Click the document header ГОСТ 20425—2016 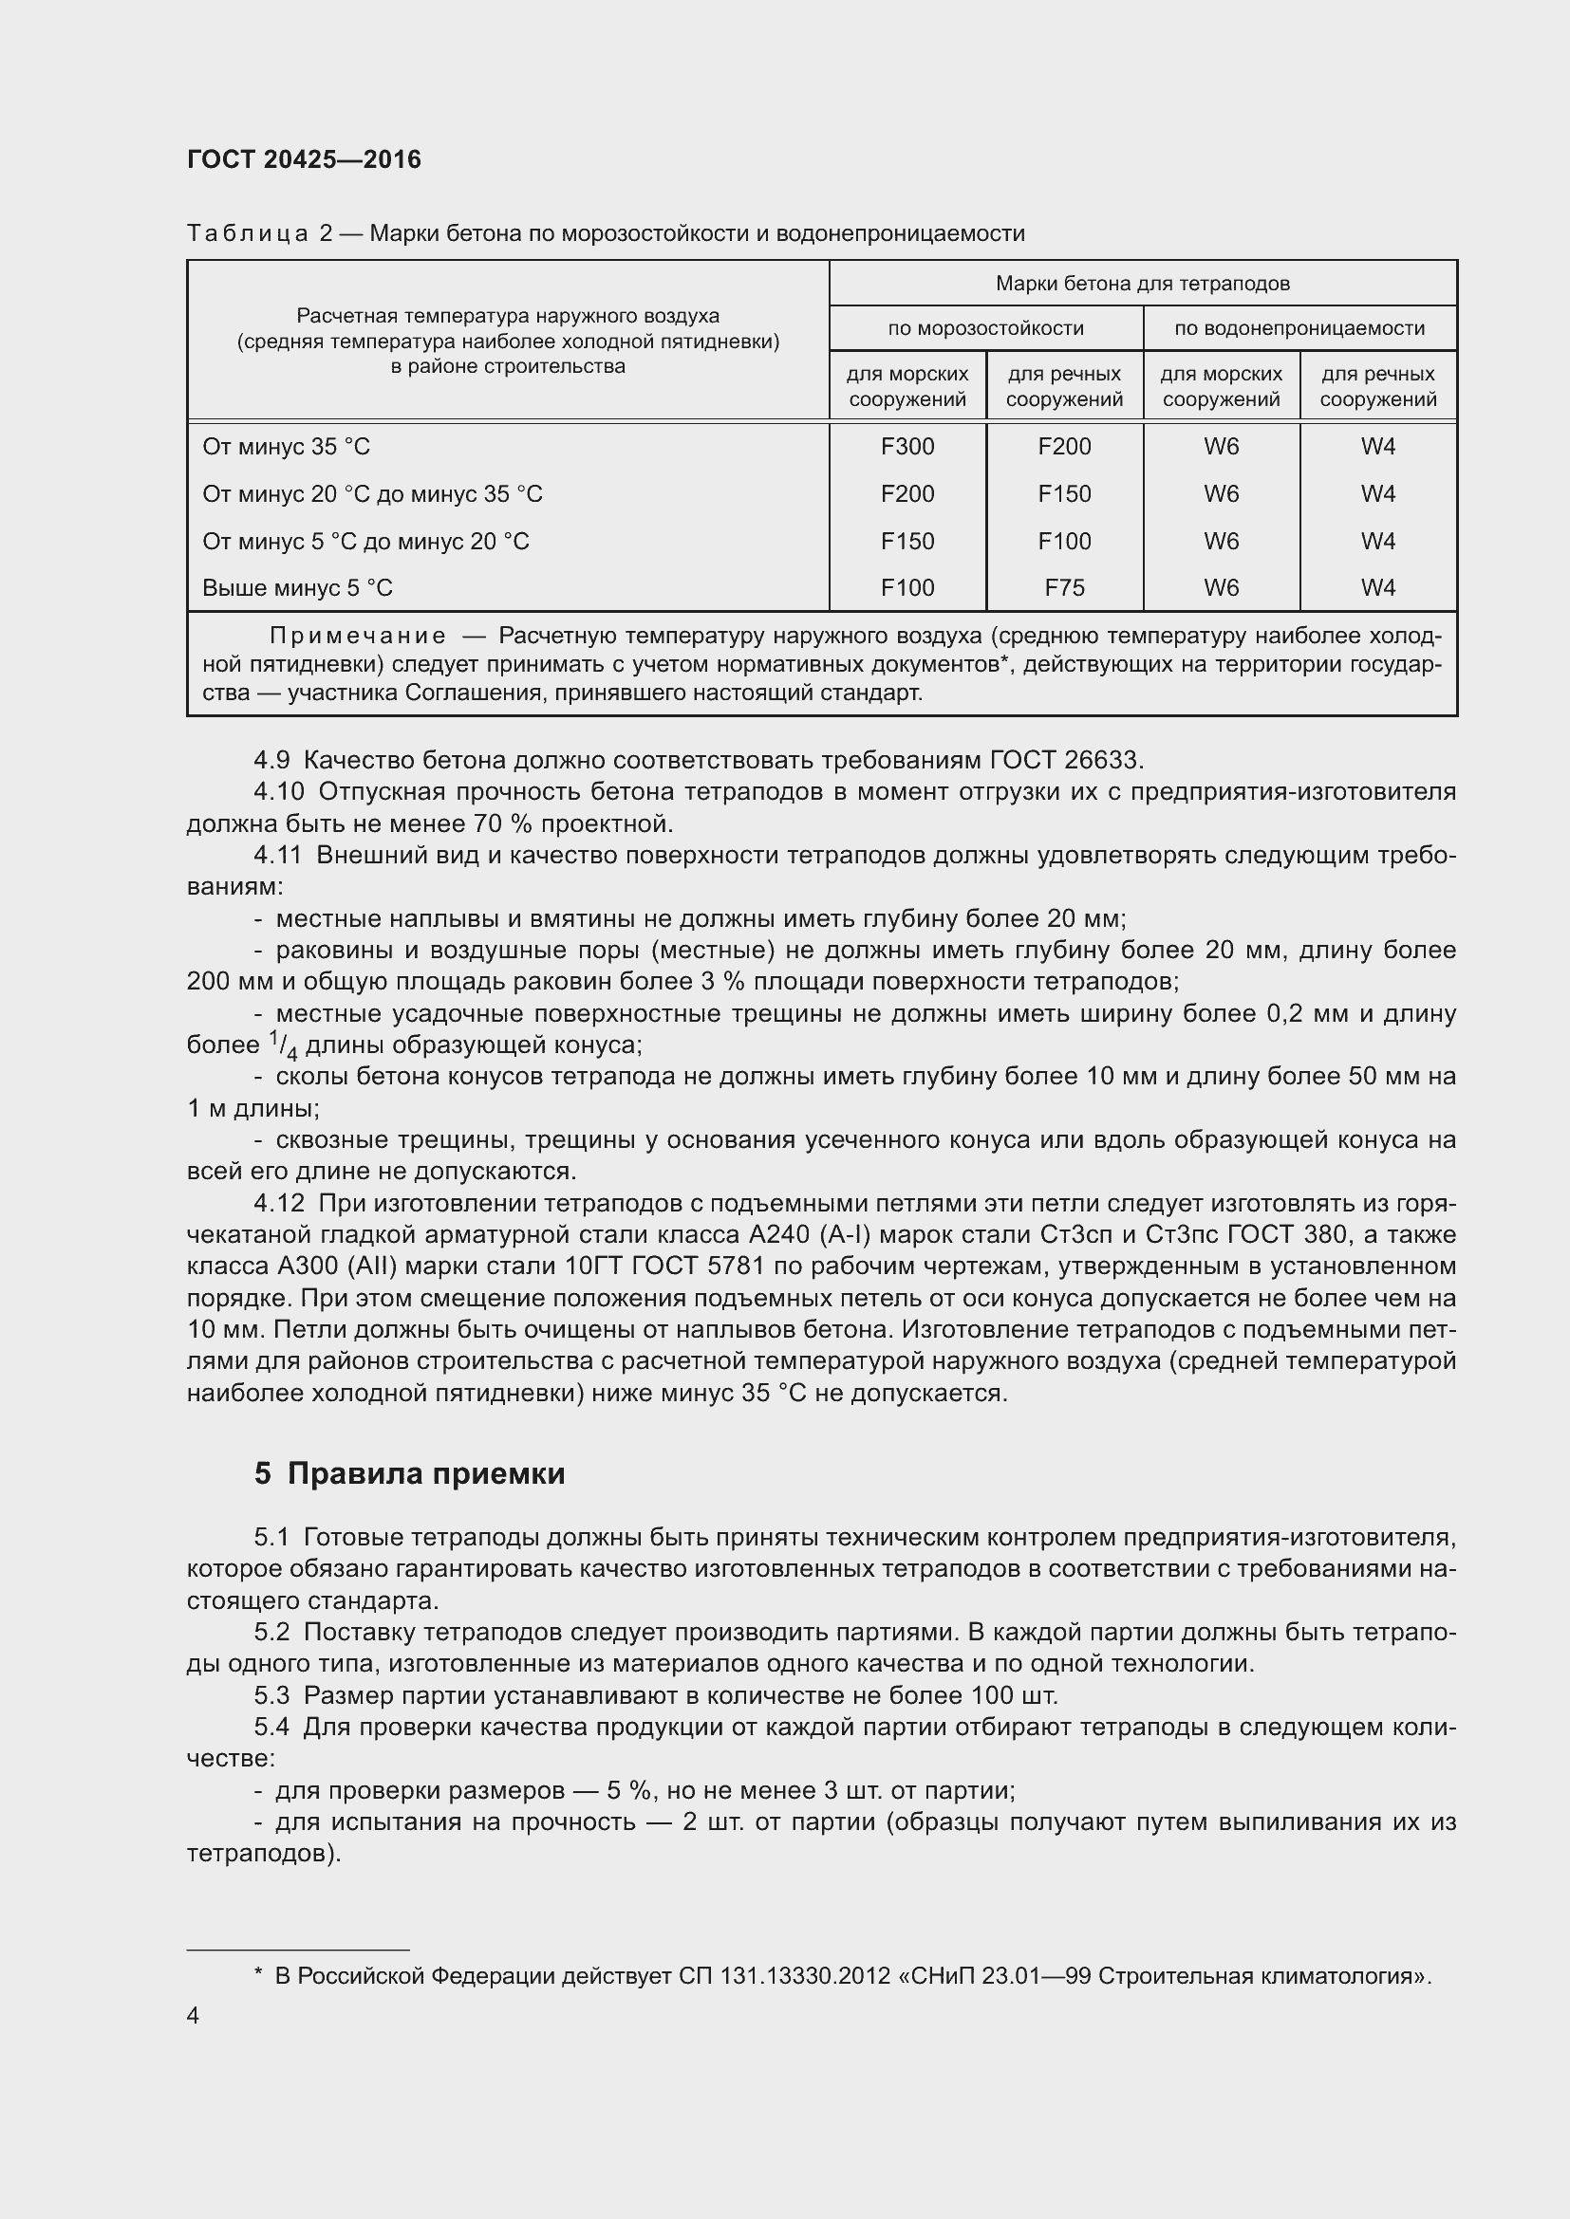pos(304,159)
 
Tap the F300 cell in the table pos(906,447)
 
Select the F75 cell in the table pos(1063,587)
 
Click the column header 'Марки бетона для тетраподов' pos(1142,283)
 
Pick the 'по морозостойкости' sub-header pos(985,328)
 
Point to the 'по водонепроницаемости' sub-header pos(1299,328)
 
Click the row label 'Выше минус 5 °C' pos(298,587)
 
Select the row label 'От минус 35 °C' pos(286,447)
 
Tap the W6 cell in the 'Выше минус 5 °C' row pos(1221,587)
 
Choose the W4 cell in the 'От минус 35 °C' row pos(1377,447)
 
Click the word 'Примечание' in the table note pos(358,636)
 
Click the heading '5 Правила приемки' pos(410,1473)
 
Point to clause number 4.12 pos(278,1203)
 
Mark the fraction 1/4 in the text pos(282,1045)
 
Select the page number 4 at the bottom pos(193,2015)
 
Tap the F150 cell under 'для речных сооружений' pos(1063,494)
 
